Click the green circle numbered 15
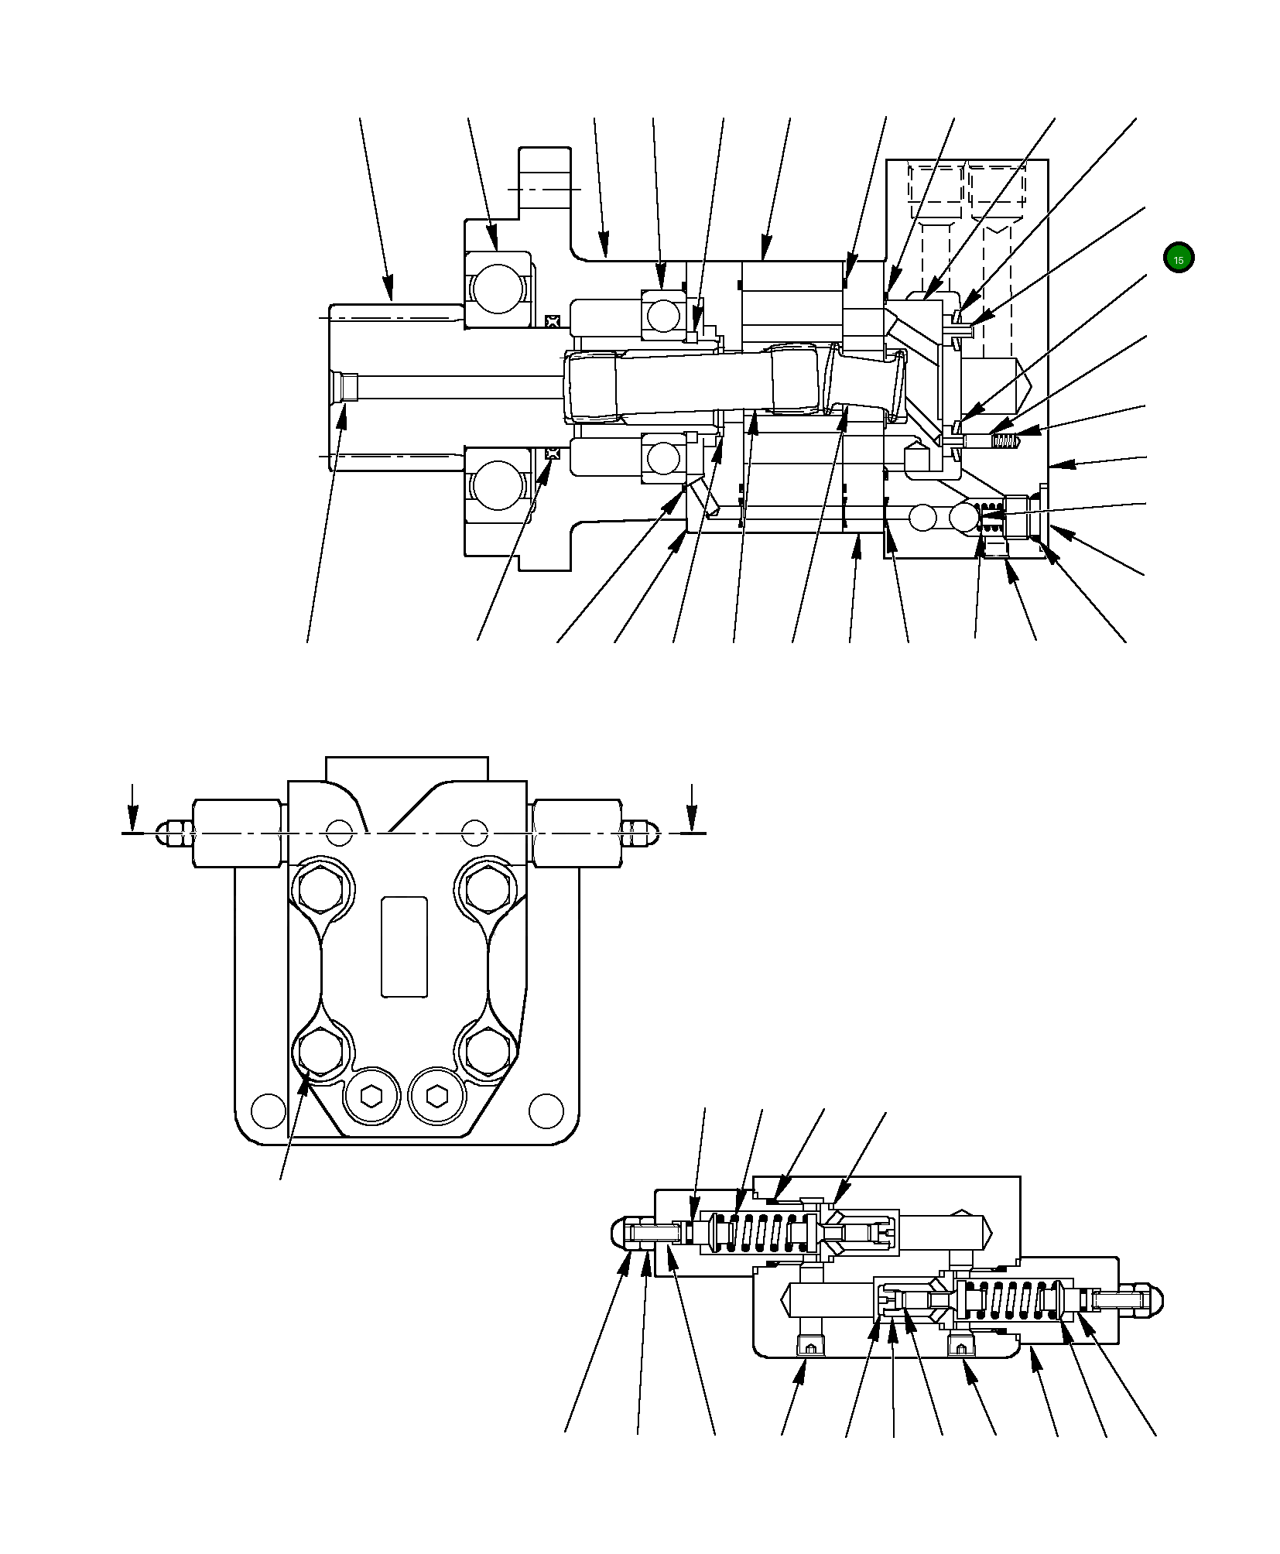(1178, 258)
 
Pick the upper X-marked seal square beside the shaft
(552, 320)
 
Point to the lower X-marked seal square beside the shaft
(552, 453)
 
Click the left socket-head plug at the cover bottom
(372, 1096)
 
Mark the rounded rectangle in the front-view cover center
(404, 946)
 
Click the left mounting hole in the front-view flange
(269, 1110)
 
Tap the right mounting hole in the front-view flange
(546, 1110)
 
